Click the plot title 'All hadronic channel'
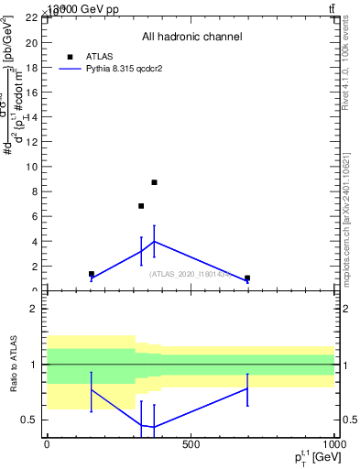click(x=191, y=37)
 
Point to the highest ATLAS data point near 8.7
click(x=154, y=182)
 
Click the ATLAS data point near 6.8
click(x=141, y=206)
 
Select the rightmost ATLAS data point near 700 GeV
click(x=247, y=278)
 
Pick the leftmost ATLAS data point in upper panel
click(x=92, y=274)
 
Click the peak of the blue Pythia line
click(x=154, y=242)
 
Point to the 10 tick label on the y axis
click(x=30, y=167)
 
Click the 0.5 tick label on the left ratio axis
click(x=30, y=420)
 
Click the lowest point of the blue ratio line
click(x=154, y=427)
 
